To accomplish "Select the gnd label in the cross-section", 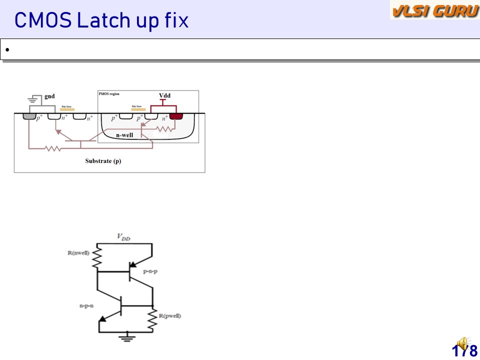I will click(49, 96).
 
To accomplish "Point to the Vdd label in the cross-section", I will click(165, 95).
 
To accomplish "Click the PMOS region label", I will click(109, 93).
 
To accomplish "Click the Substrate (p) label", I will click(103, 161).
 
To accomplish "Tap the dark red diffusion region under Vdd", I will click(176, 117).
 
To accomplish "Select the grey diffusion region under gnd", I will click(29, 117).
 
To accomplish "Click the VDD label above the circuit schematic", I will click(124, 237).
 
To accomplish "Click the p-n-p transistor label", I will click(150, 271).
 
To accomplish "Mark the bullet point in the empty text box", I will click(7, 50).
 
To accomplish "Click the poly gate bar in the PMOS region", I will click(138, 108).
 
